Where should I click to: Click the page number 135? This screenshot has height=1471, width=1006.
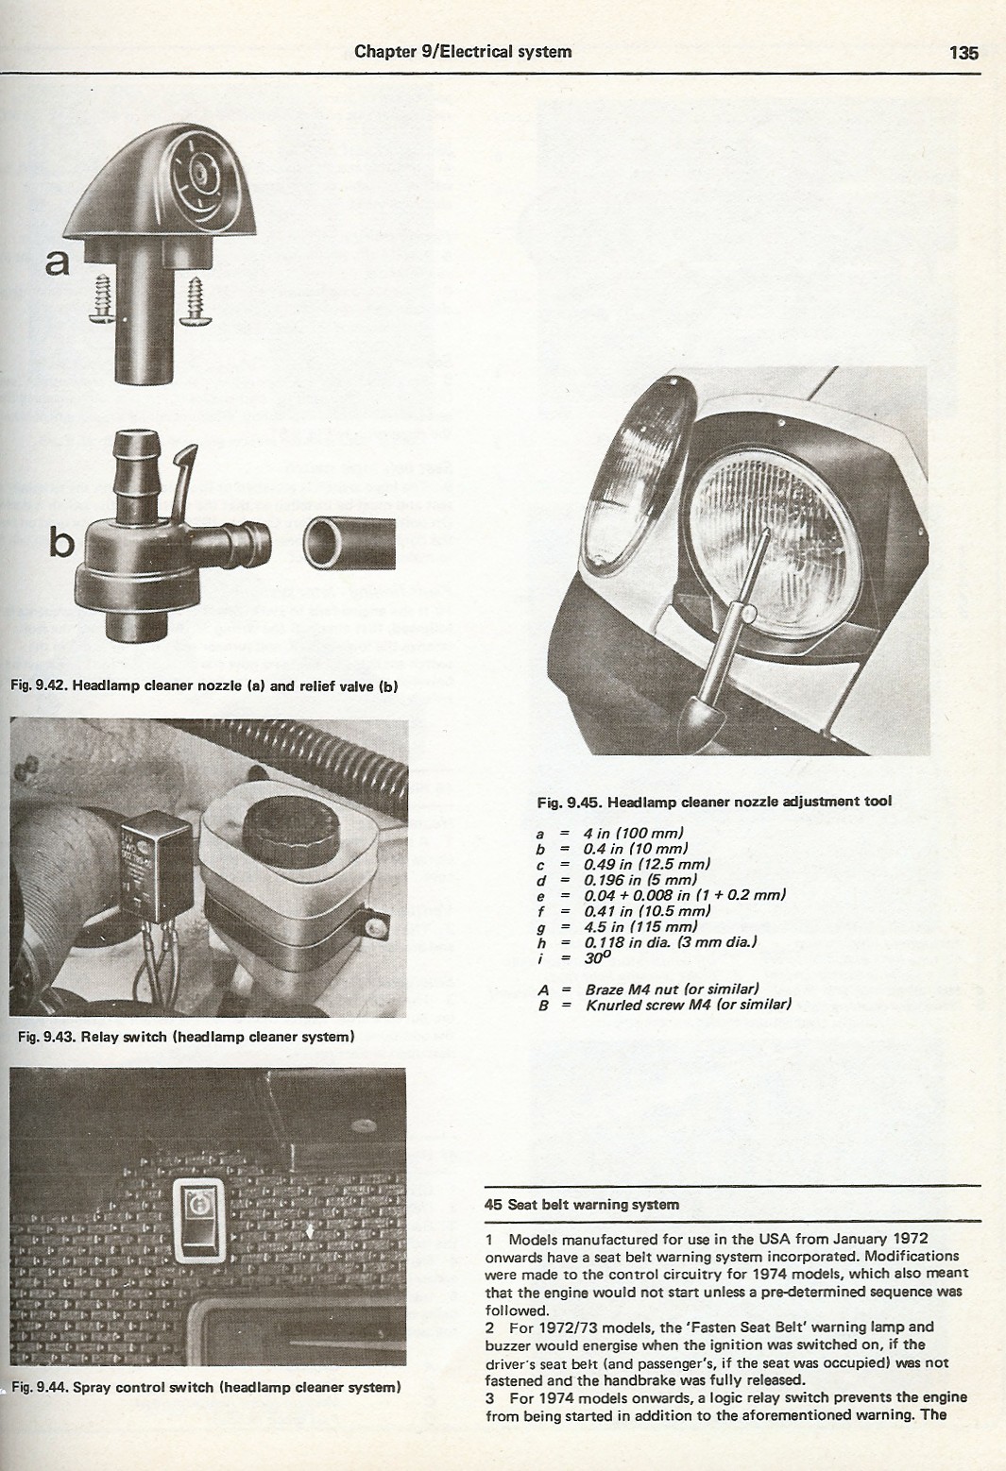[x=963, y=53]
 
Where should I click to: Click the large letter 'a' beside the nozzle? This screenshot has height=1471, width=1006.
[x=58, y=262]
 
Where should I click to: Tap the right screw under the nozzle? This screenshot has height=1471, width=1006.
[x=196, y=301]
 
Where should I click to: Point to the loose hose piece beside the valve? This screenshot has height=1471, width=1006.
[x=349, y=543]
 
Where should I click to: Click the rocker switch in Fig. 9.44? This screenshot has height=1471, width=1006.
[x=198, y=1220]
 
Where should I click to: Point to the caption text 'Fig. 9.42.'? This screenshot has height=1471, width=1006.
[x=39, y=685]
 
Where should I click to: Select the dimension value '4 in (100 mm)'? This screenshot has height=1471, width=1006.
[x=634, y=834]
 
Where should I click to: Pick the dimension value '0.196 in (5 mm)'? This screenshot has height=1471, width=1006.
[x=640, y=879]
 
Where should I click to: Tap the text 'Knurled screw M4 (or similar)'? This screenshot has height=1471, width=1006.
[x=689, y=1005]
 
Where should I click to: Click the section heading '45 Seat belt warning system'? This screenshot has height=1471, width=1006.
[x=582, y=1205]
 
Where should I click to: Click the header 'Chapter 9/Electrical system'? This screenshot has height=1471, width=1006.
[x=463, y=52]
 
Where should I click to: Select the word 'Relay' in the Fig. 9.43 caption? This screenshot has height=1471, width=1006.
[x=100, y=1037]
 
